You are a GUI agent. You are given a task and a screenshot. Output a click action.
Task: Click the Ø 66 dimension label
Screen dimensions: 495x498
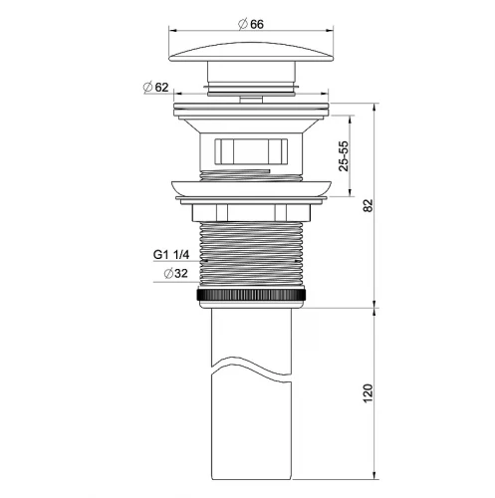(x=251, y=24)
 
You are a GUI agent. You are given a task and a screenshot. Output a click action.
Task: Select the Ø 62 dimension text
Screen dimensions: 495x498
(x=155, y=88)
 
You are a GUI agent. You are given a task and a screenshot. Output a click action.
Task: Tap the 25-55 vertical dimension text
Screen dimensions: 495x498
(x=344, y=156)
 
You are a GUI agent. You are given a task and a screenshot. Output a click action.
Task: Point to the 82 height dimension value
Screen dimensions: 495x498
(x=369, y=205)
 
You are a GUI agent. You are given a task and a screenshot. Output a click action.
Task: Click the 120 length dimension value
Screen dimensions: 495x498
(x=369, y=393)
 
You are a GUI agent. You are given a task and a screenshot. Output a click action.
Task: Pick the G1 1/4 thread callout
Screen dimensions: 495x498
(x=171, y=255)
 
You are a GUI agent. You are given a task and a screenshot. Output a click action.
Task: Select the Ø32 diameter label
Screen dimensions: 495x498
(x=176, y=274)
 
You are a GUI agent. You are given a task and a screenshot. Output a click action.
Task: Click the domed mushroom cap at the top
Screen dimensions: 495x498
(x=251, y=52)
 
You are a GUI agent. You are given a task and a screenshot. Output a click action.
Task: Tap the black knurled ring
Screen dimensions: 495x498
(x=251, y=295)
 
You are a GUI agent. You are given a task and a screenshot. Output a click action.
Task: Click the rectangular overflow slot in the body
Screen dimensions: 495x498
(x=251, y=151)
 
